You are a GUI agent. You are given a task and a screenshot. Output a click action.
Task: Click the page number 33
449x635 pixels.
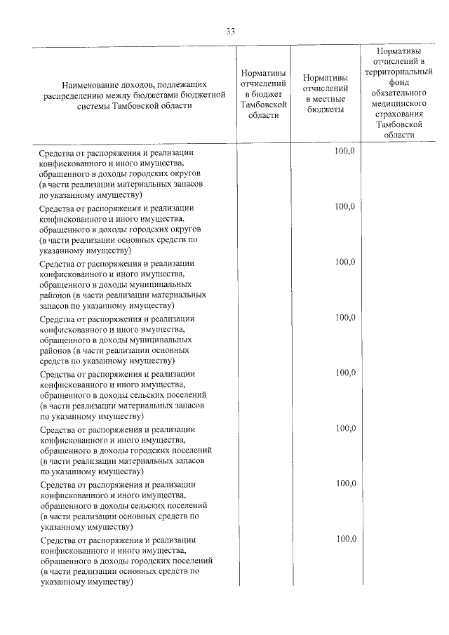pos(230,31)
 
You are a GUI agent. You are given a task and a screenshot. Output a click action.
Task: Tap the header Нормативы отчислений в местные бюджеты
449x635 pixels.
pos(325,93)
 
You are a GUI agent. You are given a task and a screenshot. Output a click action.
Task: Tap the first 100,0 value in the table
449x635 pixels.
pos(346,152)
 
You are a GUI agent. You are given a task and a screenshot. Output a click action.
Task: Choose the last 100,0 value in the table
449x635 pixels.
pos(346,539)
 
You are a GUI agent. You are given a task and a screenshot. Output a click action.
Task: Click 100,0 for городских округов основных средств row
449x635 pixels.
pos(346,206)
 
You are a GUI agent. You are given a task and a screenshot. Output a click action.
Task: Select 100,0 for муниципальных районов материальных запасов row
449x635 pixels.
pos(346,262)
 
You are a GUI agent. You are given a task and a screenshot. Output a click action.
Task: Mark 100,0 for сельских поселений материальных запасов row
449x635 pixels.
pos(346,373)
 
